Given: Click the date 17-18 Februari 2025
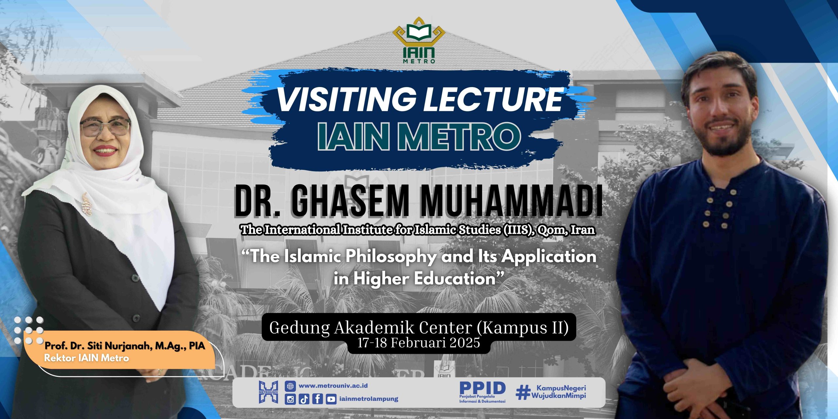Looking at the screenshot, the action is click(419, 342).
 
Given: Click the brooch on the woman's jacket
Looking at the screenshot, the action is click(87, 204).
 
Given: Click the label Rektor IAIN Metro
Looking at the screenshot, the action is click(86, 358).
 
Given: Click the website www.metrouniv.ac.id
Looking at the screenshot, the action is click(333, 386).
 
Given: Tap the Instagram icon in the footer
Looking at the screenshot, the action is click(290, 399).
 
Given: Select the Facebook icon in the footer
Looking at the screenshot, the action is click(318, 399).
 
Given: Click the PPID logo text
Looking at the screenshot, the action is click(483, 388).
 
